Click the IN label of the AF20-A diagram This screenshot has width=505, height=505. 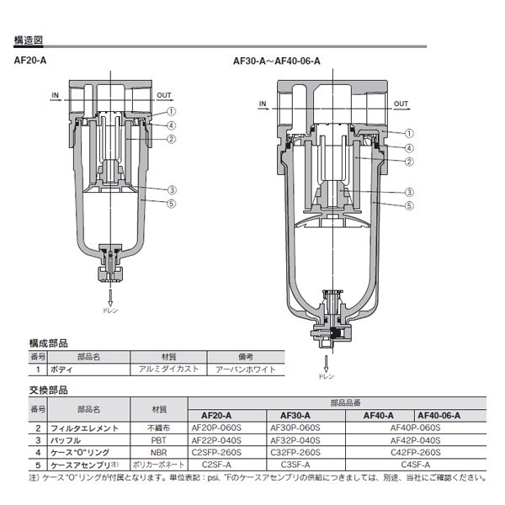(x=56, y=95)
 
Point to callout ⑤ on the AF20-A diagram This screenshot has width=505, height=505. (x=171, y=202)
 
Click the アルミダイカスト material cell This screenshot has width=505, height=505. (x=163, y=369)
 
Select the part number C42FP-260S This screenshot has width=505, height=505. (x=416, y=452)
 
